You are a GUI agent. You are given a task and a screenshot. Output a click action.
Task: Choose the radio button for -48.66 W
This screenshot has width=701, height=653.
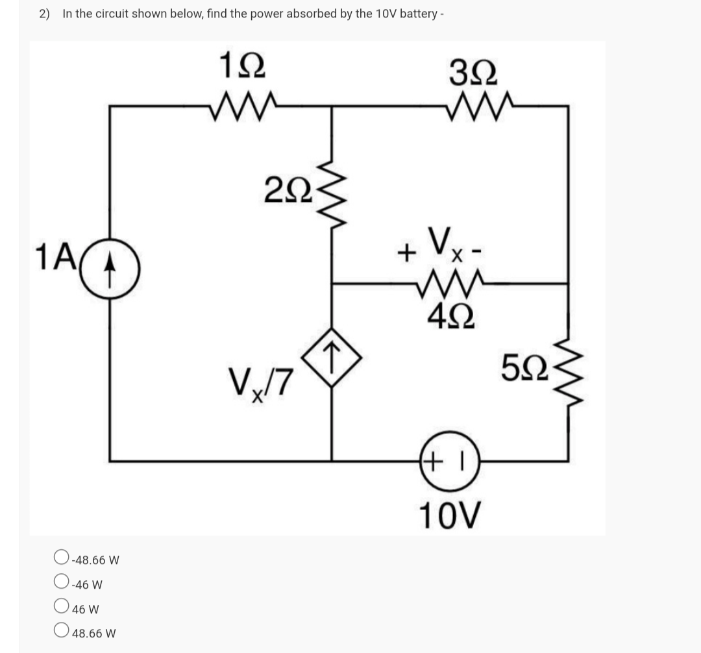[61, 558]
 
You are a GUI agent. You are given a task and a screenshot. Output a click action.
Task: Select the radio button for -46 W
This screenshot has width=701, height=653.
[61, 583]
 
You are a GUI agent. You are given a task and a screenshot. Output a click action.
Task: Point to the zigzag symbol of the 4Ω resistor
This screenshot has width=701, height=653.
[447, 284]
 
